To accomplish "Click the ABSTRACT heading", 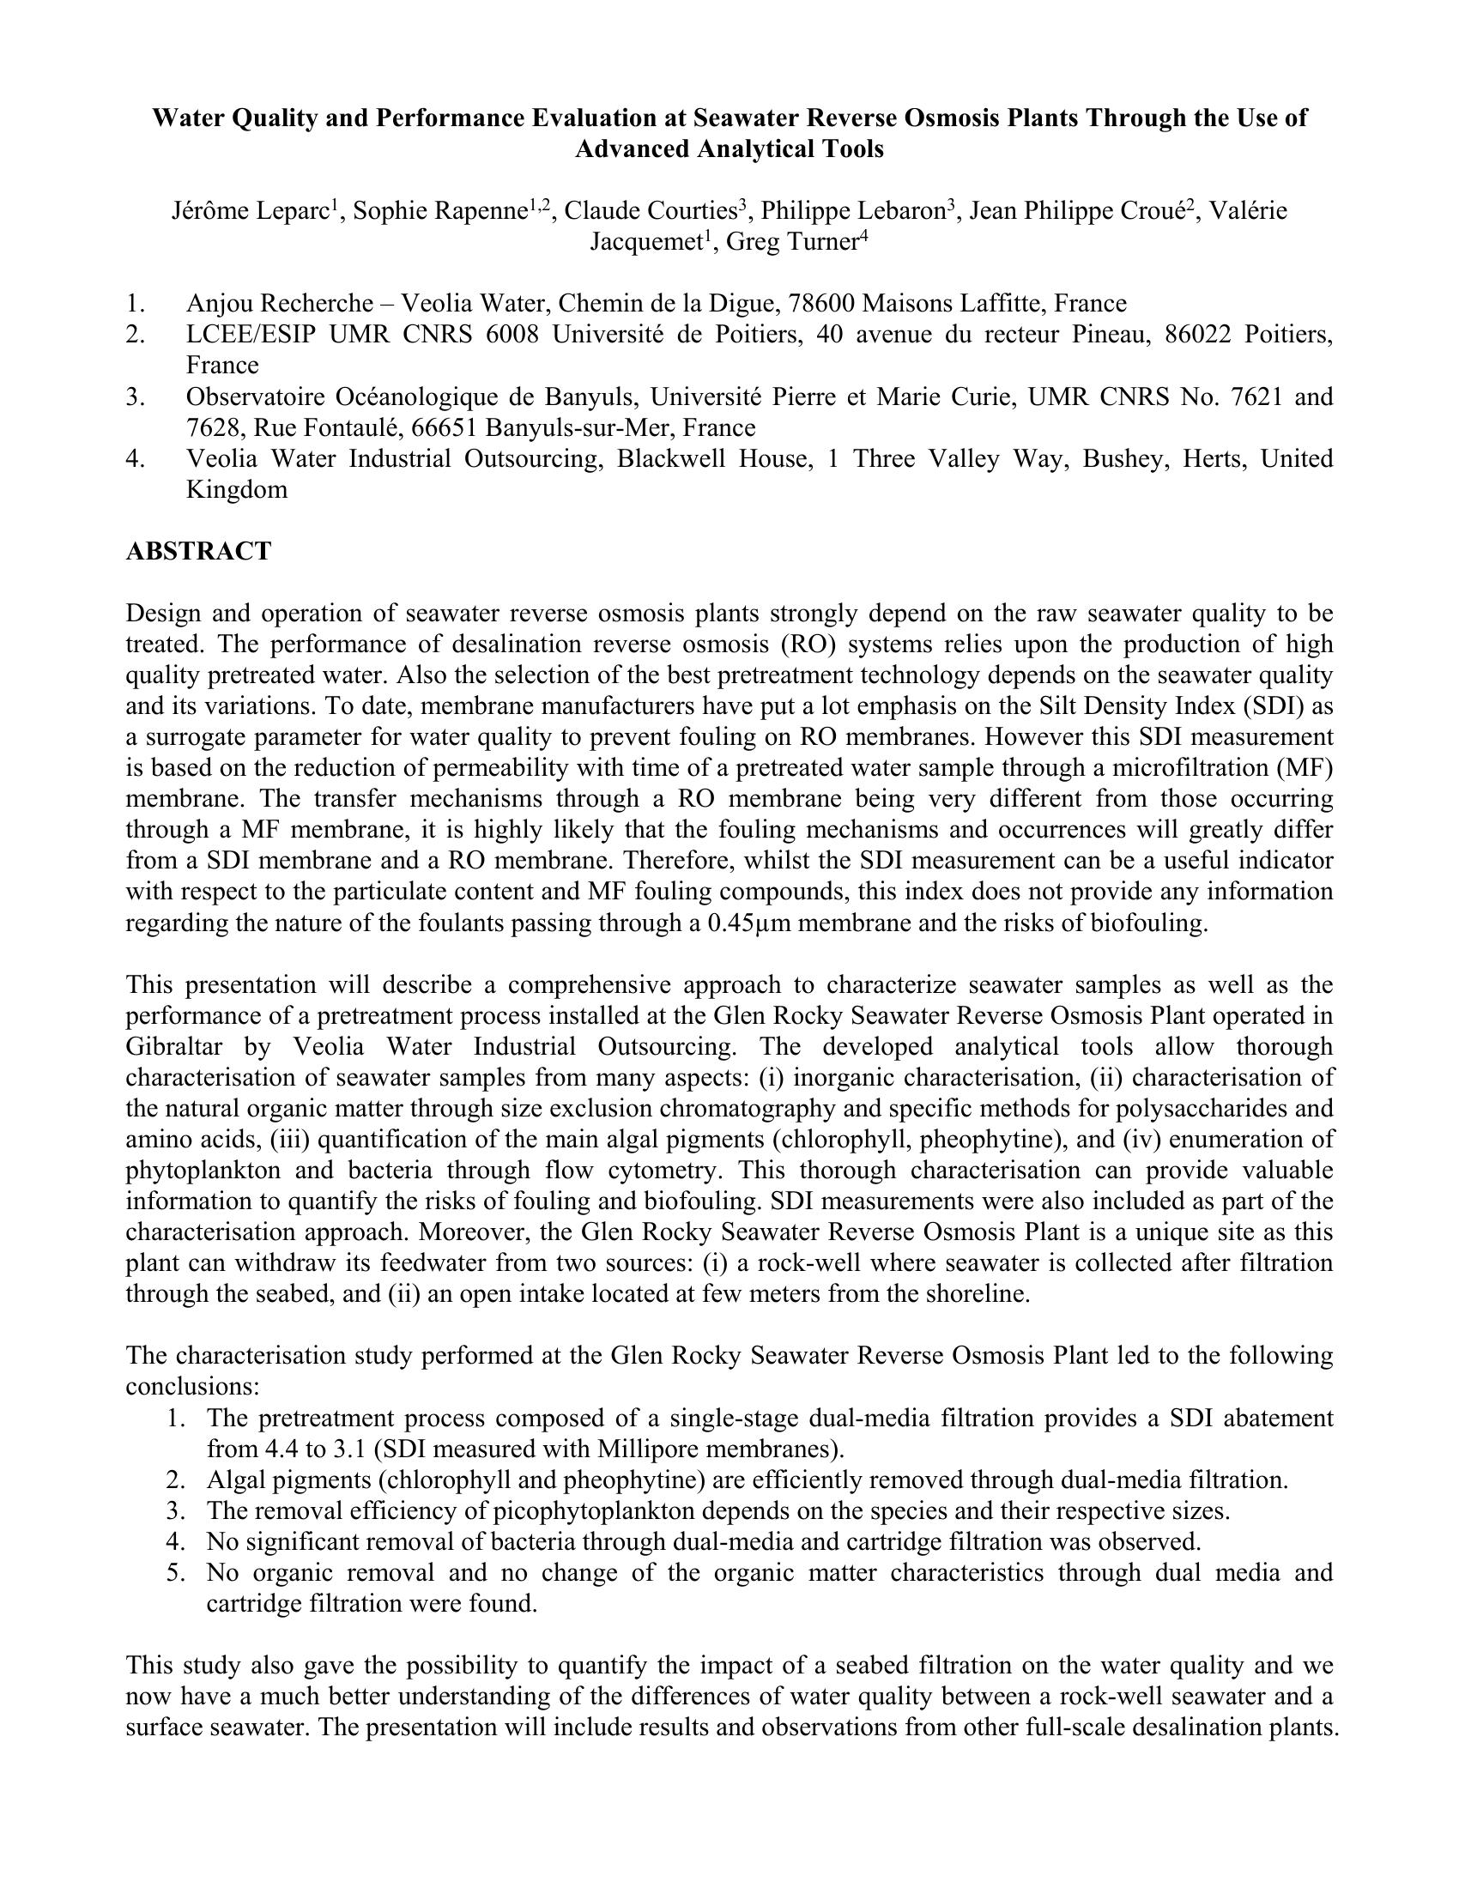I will tap(199, 552).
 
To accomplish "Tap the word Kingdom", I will tap(237, 489).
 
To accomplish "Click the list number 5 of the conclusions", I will tap(175, 1572).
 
